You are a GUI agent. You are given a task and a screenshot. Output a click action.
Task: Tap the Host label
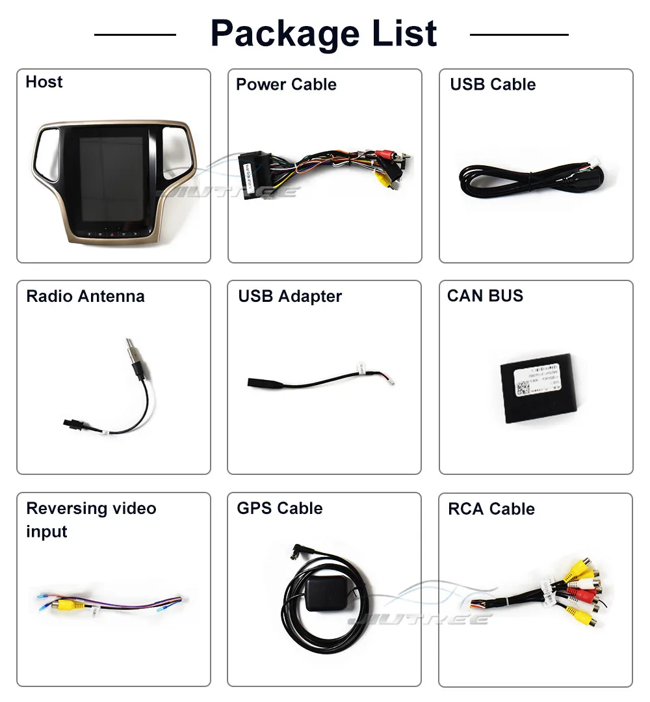click(44, 82)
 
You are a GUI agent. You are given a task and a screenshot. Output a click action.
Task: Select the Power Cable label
click(286, 85)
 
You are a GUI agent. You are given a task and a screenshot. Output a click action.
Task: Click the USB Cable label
click(493, 85)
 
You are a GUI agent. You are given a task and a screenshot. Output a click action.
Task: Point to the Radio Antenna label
click(85, 297)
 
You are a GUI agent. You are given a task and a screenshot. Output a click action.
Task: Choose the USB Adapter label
click(290, 297)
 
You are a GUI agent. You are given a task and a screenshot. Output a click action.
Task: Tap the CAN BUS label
click(485, 296)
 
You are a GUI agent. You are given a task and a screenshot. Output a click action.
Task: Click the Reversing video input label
click(91, 520)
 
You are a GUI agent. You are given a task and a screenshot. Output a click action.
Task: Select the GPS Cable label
click(279, 509)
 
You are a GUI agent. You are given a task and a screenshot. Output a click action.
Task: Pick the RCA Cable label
click(491, 509)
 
